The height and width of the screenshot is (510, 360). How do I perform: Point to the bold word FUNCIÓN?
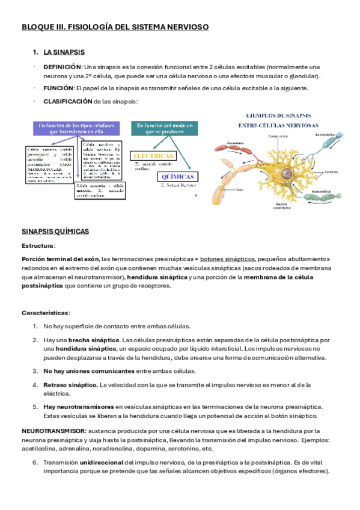[x=58, y=88]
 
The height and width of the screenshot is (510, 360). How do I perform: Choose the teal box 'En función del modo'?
[x=164, y=129]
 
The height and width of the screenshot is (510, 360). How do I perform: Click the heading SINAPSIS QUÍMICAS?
[x=55, y=231]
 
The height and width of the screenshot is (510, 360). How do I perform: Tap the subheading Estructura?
[x=38, y=246]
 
